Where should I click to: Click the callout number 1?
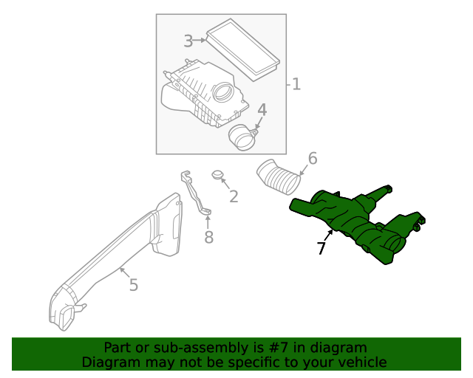tap(296, 84)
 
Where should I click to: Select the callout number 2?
tap(234, 196)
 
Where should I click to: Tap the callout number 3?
tap(188, 41)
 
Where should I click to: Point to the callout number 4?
tap(262, 111)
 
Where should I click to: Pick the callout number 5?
tap(133, 284)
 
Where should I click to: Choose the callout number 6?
tap(312, 158)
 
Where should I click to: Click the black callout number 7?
tap(321, 250)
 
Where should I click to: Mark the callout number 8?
tap(208, 237)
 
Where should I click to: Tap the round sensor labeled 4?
tap(242, 137)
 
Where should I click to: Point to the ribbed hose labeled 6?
tap(278, 178)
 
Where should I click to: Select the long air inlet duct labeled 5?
tap(118, 255)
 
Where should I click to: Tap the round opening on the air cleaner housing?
tap(222, 94)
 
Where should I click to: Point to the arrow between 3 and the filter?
tap(200, 41)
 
